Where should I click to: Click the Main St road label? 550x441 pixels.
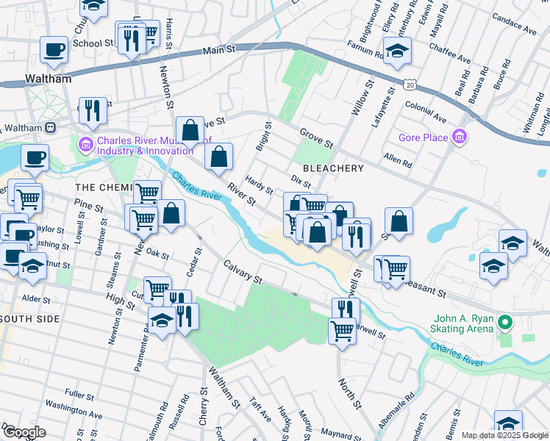pos(219,50)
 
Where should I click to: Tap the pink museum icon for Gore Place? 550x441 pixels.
pos(460,137)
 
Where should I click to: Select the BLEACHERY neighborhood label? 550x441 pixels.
pos(333,168)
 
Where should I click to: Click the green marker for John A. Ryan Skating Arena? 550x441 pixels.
pos(504,323)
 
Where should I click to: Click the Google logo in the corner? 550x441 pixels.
pos(24,432)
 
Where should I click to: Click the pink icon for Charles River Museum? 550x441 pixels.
pos(86,141)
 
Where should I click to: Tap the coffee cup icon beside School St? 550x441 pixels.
pos(54,50)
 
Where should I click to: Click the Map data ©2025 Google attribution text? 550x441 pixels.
pos(504,436)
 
